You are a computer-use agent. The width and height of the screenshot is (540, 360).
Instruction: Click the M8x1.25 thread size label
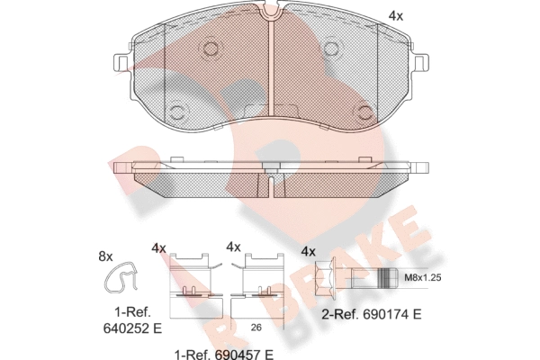(423, 277)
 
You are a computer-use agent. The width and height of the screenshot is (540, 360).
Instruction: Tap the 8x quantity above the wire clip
(105, 256)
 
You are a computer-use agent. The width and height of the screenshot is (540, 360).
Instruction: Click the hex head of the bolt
(326, 278)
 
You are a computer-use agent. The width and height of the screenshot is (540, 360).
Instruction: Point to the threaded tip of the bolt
(388, 278)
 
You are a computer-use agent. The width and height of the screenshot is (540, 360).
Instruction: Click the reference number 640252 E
(132, 328)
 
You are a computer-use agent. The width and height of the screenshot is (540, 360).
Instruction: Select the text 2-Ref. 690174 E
(371, 314)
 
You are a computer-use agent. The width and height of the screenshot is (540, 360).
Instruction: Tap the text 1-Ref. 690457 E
(224, 354)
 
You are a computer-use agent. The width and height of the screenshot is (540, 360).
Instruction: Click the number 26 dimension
(256, 328)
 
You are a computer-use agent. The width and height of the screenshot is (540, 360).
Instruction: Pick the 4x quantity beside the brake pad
(396, 16)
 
